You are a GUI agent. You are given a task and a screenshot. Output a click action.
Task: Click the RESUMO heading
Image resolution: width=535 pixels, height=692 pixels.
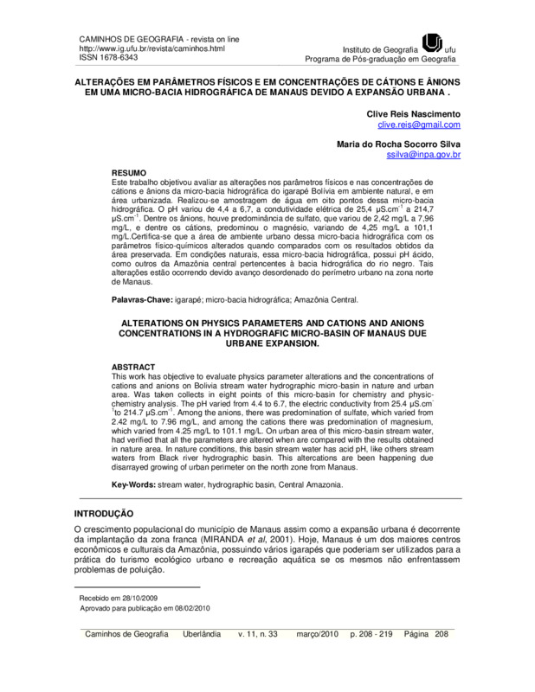tap(130, 172)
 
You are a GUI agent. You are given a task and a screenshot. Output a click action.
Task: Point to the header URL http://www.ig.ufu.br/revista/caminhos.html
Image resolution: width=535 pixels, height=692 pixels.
tap(151, 49)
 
